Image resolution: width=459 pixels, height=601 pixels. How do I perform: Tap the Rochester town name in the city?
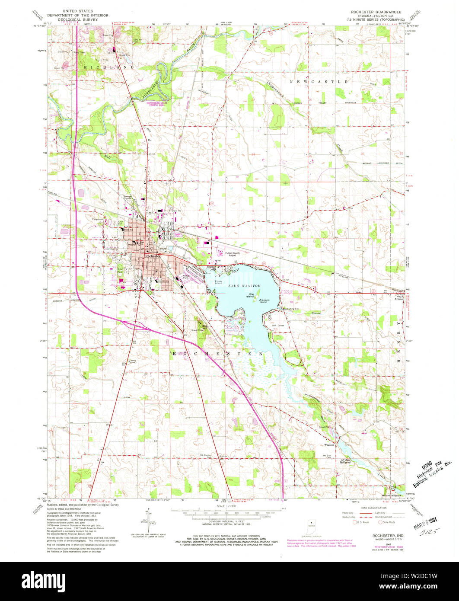153,256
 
